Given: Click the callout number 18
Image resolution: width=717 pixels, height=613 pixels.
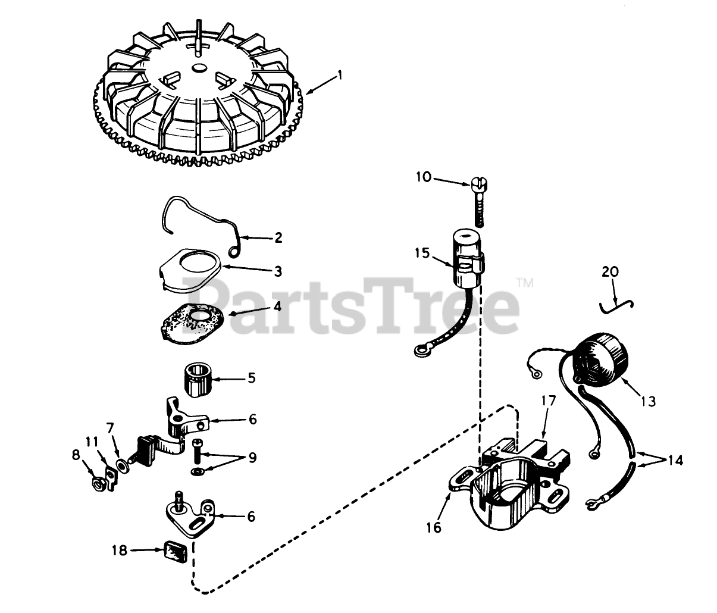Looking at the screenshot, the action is coord(120,551).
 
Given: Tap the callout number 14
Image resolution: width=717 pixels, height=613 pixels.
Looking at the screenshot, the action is coord(675,460).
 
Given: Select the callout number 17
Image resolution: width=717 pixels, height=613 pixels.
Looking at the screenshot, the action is coord(547,401).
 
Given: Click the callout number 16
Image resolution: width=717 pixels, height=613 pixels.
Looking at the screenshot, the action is coord(434,527).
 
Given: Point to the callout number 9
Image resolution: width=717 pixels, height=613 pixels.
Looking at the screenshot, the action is coord(252,458).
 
